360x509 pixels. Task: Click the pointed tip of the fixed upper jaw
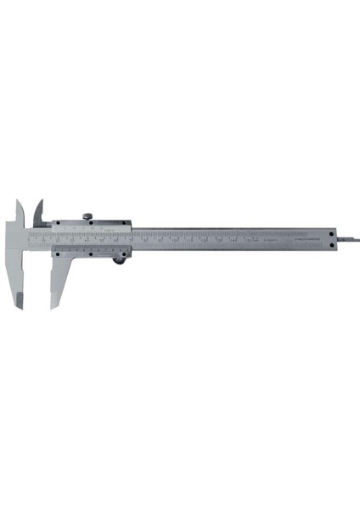[x=18, y=201]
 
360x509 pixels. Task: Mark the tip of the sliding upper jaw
[x=39, y=201]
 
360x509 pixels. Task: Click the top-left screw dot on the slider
[x=56, y=225]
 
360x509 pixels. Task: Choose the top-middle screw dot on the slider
[x=92, y=224]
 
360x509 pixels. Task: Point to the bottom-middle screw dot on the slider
[x=92, y=253]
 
